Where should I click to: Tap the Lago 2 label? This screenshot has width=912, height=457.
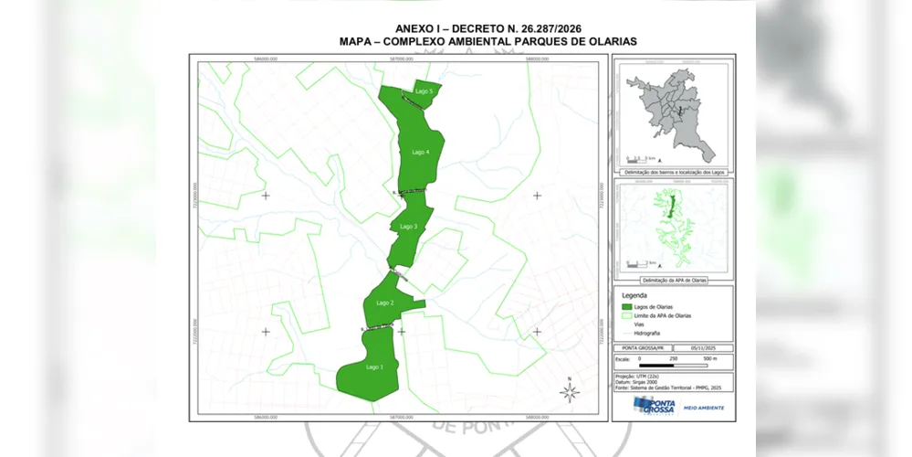pyautogui.click(x=385, y=303)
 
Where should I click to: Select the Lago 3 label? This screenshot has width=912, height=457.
pyautogui.click(x=408, y=227)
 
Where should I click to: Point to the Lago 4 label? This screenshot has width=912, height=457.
pyautogui.click(x=421, y=152)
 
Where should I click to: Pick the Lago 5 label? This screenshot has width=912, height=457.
pyautogui.click(x=424, y=91)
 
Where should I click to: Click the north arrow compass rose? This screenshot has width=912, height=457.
pyautogui.click(x=570, y=392)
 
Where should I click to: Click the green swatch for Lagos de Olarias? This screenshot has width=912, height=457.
pyautogui.click(x=628, y=307)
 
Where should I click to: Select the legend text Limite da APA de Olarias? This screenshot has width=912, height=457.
pyautogui.click(x=668, y=315)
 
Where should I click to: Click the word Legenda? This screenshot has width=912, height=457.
pyautogui.click(x=634, y=295)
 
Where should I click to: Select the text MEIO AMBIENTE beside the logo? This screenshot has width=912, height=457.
pyautogui.click(x=704, y=408)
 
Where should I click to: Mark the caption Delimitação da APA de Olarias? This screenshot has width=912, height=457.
pyautogui.click(x=673, y=281)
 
